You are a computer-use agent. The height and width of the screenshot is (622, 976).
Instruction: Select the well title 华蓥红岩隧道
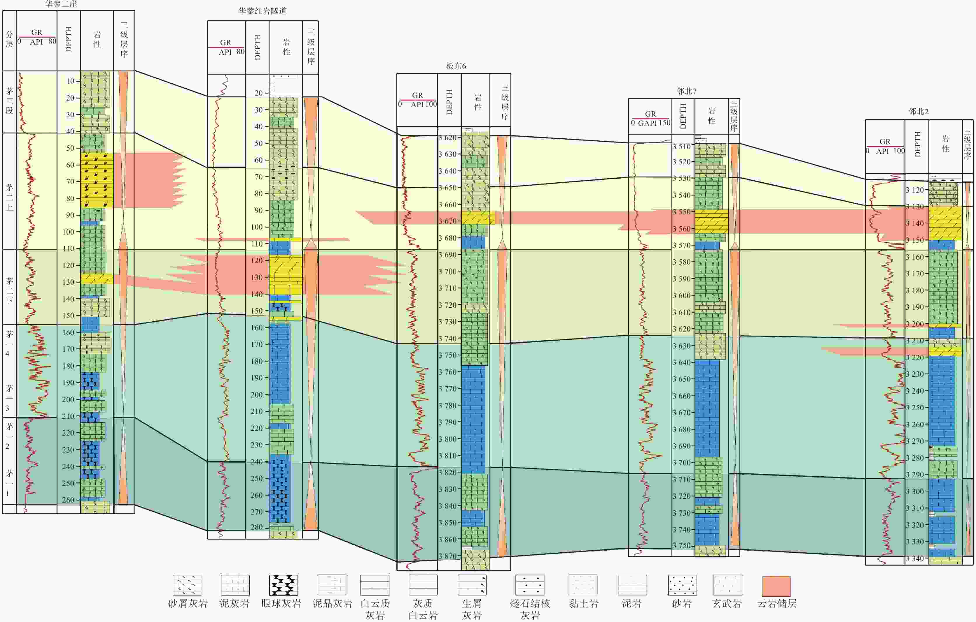click(262, 11)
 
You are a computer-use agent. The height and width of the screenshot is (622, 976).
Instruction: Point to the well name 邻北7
click(687, 91)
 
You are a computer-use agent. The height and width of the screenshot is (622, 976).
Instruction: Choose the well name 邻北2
click(919, 111)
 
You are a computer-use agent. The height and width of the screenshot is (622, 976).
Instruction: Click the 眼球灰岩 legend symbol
click(284, 585)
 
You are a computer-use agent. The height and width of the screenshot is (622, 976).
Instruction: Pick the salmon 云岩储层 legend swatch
click(776, 586)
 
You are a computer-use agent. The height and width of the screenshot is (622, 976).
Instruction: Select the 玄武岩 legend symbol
click(727, 585)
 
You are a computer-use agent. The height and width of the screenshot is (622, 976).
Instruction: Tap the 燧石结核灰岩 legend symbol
click(530, 585)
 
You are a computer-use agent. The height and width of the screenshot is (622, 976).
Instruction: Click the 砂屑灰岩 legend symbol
click(187, 585)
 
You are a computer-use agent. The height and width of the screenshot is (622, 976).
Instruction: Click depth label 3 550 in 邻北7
click(683, 212)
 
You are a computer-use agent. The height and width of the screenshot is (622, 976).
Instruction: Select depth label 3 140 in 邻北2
click(915, 223)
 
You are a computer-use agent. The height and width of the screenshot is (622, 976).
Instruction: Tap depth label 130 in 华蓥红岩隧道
click(257, 277)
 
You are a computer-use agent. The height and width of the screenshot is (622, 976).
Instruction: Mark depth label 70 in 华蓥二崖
click(71, 182)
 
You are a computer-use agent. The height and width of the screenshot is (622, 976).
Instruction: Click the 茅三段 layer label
click(9, 101)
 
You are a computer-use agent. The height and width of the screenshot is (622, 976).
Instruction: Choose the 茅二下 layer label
click(9, 290)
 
